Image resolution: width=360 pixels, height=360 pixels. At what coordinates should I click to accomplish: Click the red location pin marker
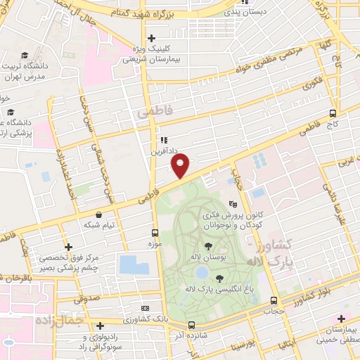click(x=181, y=165)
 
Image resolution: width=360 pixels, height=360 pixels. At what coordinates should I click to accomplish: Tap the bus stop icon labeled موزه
click(x=155, y=233)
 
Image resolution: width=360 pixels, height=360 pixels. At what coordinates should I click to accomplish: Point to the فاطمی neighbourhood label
click(x=150, y=112)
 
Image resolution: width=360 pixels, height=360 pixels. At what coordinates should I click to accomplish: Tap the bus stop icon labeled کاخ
click(x=333, y=112)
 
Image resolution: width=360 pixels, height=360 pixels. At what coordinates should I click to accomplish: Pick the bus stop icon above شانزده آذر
click(x=192, y=325)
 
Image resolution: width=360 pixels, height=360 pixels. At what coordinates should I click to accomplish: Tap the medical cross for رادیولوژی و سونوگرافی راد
click(x=101, y=326)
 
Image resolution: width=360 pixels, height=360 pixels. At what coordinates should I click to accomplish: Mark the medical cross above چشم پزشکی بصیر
click(x=67, y=247)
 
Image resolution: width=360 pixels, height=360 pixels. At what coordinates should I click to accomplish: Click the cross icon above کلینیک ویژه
click(x=151, y=38)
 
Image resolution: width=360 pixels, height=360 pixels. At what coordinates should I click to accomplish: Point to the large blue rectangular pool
click(x=134, y=264)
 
